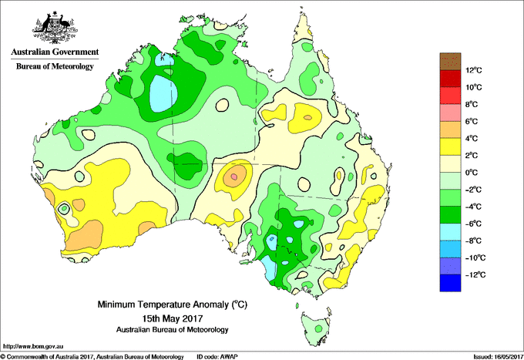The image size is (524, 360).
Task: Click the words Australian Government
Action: [55, 52]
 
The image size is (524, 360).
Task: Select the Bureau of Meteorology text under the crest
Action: [55, 66]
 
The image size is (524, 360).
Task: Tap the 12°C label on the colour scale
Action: [474, 70]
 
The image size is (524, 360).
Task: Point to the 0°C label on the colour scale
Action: [472, 173]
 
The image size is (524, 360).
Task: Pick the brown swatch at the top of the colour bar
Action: [450, 62]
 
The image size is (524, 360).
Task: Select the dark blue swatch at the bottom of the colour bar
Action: [450, 283]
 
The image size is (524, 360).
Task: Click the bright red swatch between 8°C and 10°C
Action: [450, 96]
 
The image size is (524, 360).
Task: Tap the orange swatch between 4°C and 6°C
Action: [450, 130]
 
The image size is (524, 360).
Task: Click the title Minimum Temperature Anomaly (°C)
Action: [173, 304]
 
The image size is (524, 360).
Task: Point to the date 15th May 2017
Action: [173, 318]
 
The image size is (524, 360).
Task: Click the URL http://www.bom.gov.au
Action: [33, 346]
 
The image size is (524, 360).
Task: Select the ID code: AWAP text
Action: [217, 357]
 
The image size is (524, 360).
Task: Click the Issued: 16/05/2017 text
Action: [499, 357]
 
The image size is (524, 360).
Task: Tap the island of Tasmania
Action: [316, 327]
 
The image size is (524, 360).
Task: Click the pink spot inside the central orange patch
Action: [234, 177]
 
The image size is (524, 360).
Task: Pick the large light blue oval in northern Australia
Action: [163, 93]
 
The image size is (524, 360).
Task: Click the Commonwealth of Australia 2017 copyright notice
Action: [92, 357]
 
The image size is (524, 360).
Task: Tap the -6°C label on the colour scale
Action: [473, 224]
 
